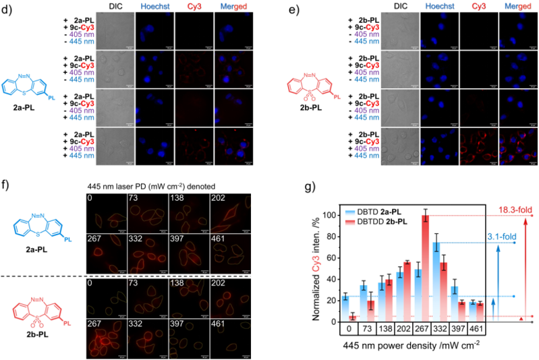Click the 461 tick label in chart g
click(x=476, y=330)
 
